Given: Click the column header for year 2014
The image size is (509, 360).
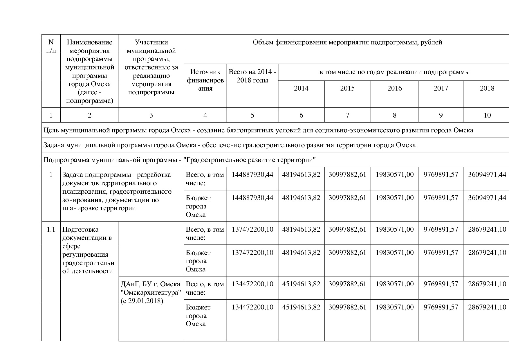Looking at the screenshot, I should (x=301, y=88).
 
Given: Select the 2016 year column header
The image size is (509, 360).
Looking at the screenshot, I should (x=394, y=88).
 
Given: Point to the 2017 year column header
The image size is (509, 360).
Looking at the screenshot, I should (x=441, y=88).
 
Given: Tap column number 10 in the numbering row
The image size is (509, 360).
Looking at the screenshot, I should (x=487, y=115).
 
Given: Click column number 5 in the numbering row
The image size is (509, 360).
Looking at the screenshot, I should (x=252, y=115).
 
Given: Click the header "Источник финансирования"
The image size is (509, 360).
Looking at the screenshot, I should (x=205, y=80).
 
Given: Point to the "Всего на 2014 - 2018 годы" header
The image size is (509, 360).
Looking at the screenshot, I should (x=252, y=76).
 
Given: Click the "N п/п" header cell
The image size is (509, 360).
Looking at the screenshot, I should (x=51, y=46).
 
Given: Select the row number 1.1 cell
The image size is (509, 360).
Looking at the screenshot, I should (x=51, y=230).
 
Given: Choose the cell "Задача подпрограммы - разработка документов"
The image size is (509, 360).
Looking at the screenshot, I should (x=117, y=191).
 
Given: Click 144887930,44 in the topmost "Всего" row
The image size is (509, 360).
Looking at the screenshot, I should (x=252, y=175).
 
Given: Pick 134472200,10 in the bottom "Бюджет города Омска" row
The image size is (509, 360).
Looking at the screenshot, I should (x=252, y=307).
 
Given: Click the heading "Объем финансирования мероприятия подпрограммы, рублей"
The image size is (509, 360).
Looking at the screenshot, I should (x=347, y=42).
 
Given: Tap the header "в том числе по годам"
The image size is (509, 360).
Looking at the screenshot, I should (x=394, y=72).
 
